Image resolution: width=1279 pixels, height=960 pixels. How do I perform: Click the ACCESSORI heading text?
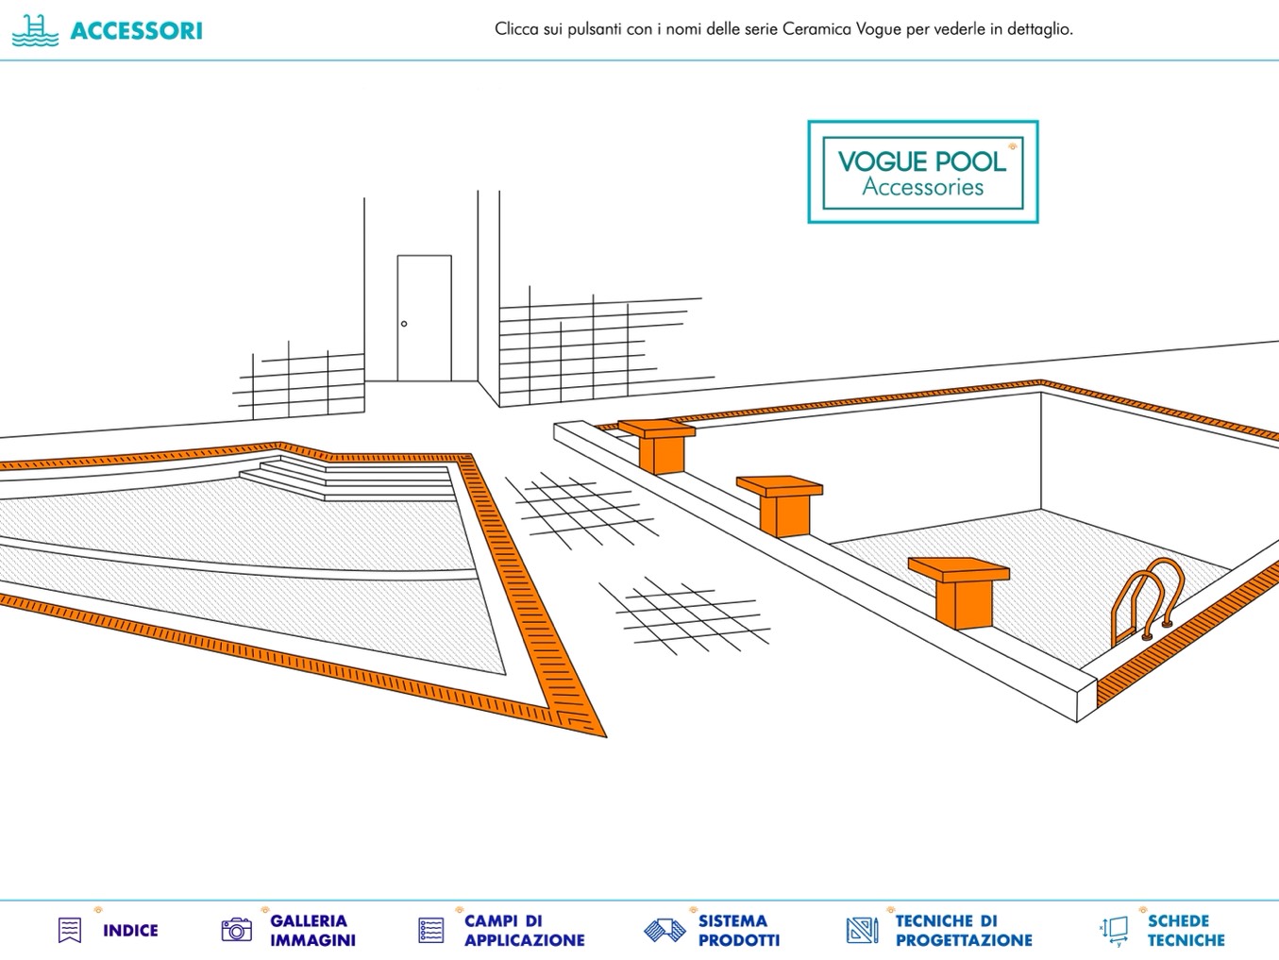coord(136,30)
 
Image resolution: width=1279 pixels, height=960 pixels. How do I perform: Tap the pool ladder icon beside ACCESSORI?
coord(35,30)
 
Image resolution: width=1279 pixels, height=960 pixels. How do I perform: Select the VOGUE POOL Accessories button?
coord(922,172)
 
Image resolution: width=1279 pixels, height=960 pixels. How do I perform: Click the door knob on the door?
coord(404,324)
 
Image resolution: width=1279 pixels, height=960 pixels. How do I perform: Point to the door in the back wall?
coord(424,317)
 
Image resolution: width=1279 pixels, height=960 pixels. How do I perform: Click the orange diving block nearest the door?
coord(658,445)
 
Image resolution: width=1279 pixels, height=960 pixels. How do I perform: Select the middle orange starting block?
coord(780,502)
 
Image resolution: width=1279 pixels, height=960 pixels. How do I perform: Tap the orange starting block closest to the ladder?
coord(960,589)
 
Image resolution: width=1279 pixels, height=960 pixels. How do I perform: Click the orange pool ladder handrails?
coord(1147,599)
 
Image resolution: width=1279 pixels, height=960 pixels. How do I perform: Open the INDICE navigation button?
coord(130,931)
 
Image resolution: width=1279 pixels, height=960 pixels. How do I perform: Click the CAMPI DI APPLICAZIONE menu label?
coord(524,931)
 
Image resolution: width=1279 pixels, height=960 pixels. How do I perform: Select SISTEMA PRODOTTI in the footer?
coord(738,931)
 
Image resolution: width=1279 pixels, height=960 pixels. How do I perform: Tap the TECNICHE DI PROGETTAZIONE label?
coord(963,931)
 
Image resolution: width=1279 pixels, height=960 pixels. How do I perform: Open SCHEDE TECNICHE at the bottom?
coord(1186,931)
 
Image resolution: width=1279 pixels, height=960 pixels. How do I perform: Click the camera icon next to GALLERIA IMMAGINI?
coord(236,930)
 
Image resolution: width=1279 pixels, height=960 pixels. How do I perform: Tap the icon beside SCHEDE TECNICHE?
coord(1115,930)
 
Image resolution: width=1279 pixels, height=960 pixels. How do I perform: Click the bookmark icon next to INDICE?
coord(70,930)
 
